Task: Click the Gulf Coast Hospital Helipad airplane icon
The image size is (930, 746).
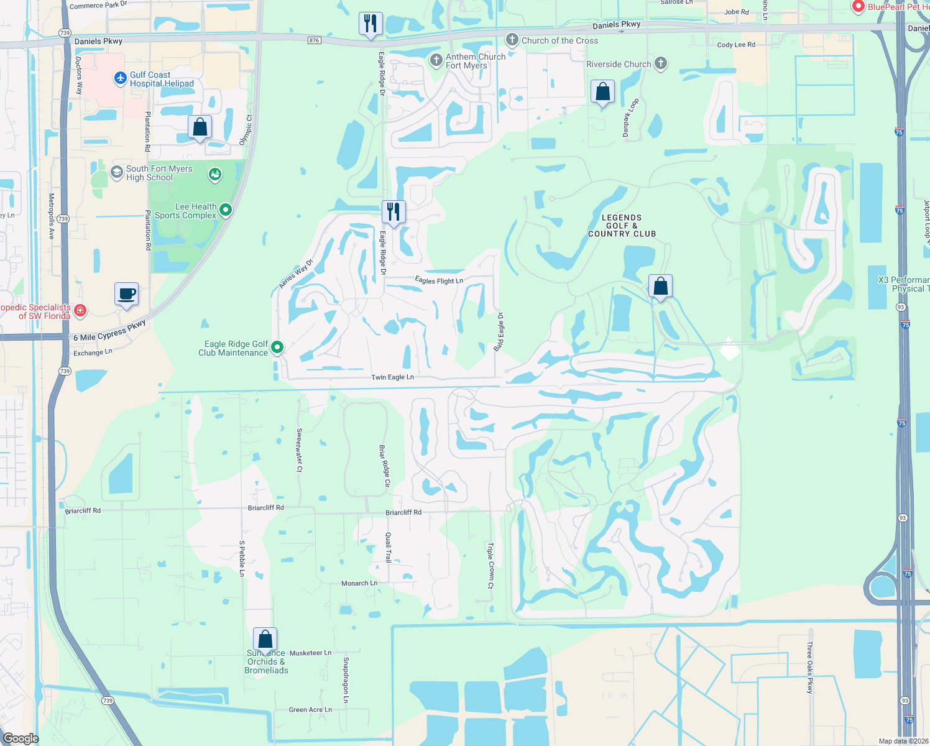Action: [121, 79]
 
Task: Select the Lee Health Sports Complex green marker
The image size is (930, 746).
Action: [226, 210]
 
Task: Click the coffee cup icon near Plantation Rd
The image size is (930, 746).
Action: [126, 294]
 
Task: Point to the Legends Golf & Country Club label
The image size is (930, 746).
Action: [622, 226]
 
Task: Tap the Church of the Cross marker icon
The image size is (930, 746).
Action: [512, 40]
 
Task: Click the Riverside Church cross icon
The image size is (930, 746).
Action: [661, 63]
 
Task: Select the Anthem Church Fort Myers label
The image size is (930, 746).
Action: [475, 61]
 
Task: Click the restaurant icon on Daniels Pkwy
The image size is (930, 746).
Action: [371, 24]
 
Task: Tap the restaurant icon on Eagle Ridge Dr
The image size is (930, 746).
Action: [393, 212]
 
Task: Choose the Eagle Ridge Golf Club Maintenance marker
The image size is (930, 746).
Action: [277, 348]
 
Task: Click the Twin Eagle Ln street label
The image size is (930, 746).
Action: [392, 377]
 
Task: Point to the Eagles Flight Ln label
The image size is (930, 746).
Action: [439, 281]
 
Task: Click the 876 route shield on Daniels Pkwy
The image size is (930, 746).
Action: [314, 40]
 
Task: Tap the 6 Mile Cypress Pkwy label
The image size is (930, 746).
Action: [109, 331]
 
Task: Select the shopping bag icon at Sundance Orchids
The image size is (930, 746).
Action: [265, 639]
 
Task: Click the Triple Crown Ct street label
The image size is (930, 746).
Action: [490, 566]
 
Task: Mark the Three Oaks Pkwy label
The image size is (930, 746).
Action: [809, 668]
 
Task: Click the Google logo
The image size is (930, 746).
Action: [21, 738]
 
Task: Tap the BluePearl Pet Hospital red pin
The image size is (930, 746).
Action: [859, 7]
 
